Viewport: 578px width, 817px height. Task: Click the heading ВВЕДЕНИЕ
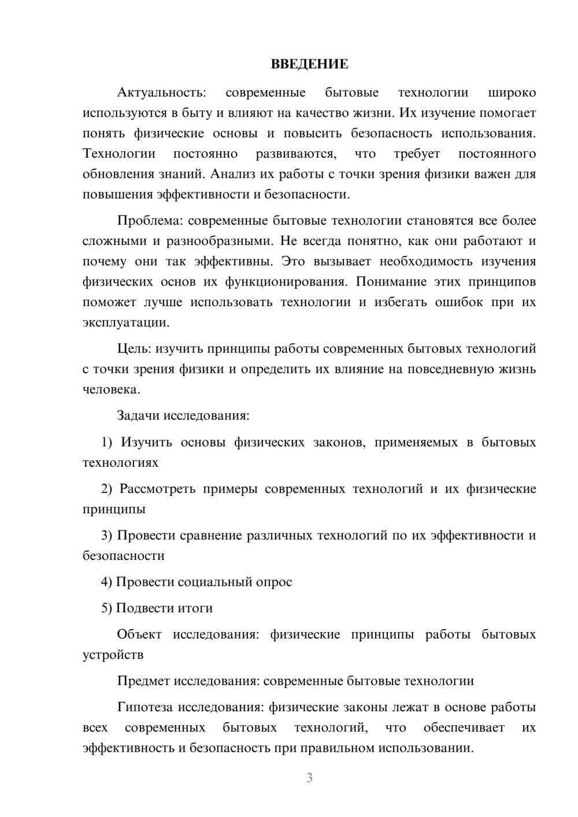point(309,64)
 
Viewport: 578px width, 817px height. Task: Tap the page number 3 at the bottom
point(309,778)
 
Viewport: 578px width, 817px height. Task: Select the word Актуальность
point(161,92)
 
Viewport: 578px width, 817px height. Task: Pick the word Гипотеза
point(146,707)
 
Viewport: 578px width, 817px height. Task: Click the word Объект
point(139,634)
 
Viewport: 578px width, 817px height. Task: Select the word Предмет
point(144,681)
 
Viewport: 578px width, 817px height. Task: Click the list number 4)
point(107,582)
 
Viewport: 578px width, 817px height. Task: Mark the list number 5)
point(107,608)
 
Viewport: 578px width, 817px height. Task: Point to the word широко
point(512,92)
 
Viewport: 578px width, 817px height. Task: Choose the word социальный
point(214,582)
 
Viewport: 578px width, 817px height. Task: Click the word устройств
point(113,655)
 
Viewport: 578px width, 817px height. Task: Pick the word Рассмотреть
point(158,489)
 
